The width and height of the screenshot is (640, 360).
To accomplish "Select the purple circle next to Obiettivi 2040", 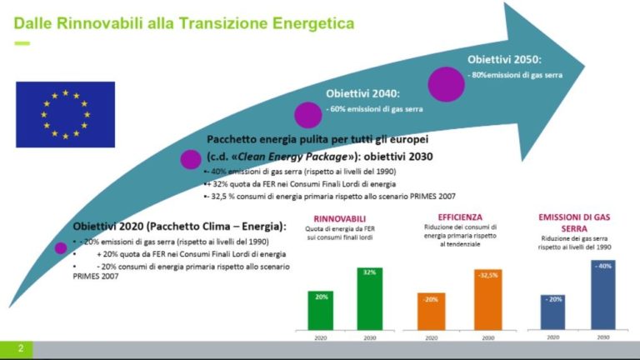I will (x=307, y=115).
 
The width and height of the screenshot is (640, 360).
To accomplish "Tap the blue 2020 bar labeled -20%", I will (x=552, y=311).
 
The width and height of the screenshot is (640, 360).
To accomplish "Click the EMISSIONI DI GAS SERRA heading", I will (x=574, y=222).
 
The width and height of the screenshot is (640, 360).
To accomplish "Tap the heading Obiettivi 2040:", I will (x=363, y=93).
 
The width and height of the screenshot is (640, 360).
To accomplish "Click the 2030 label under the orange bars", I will (x=488, y=337).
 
